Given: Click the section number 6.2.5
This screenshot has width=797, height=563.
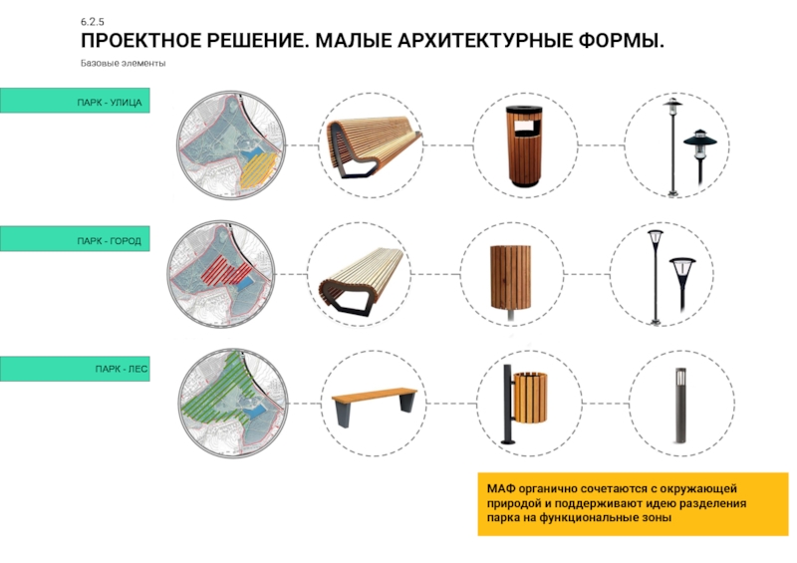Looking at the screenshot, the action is [92, 22].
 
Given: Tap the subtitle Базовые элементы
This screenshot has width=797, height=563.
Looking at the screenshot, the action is [123, 64].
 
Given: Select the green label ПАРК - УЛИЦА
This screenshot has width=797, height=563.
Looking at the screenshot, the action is [75, 101].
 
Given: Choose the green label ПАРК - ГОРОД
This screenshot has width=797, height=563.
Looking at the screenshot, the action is [75, 239].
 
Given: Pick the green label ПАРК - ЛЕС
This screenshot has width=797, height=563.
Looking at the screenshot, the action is [75, 369].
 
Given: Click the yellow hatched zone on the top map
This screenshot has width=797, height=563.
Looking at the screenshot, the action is [259, 170].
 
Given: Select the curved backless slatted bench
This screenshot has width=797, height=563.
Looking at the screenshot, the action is [362, 280].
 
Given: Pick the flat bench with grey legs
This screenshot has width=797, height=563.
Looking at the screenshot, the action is [374, 406].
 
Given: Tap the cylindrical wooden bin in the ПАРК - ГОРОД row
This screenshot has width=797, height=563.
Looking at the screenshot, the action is [511, 280].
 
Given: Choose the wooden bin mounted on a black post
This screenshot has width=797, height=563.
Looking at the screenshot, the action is [525, 405].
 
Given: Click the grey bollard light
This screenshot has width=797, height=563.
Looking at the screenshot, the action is [680, 405].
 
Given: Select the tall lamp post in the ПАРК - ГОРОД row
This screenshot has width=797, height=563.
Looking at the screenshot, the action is [656, 277].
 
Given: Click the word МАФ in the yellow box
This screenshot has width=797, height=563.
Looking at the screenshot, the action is [501, 488].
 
